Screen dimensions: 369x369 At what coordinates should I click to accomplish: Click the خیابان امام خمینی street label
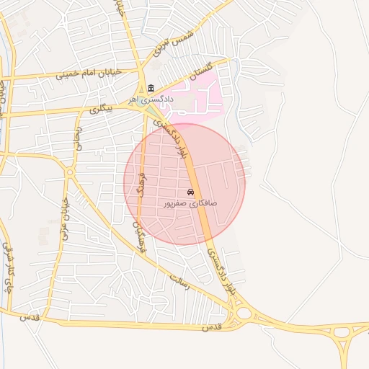coord(68,74)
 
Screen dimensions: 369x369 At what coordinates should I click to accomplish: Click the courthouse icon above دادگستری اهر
coord(151,89)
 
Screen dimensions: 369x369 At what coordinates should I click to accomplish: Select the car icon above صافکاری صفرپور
coord(190,192)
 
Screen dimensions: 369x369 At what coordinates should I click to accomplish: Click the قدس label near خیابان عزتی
coord(30,317)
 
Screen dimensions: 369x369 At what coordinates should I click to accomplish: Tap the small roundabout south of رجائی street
coord(70,172)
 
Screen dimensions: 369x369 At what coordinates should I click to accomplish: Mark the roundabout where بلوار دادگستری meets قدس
coord(244,314)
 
